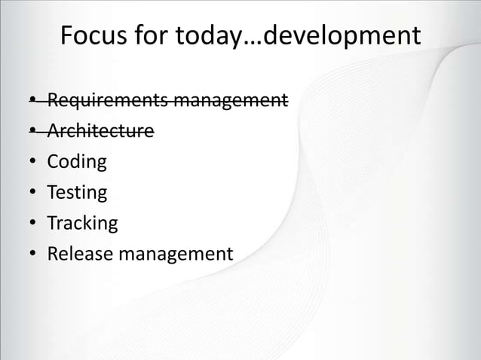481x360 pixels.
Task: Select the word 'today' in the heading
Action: click(x=199, y=35)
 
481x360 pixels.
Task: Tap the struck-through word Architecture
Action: click(x=100, y=132)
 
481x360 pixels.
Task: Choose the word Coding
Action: click(x=77, y=163)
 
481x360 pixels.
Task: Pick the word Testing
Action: click(x=77, y=193)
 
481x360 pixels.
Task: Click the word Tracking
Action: click(x=82, y=224)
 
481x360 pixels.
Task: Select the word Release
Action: click(x=78, y=254)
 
